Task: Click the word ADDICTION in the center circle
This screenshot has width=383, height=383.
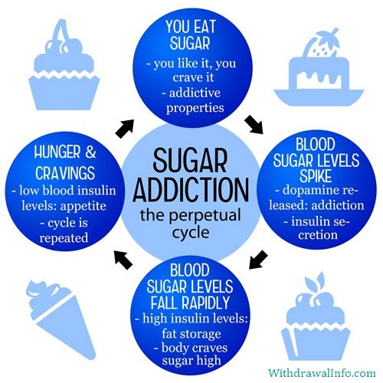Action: click(x=191, y=189)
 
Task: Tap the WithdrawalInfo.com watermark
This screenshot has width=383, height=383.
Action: click(x=322, y=373)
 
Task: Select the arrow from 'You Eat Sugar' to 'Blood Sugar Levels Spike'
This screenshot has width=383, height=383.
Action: click(x=254, y=125)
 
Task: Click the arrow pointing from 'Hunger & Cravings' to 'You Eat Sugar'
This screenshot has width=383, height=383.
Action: click(x=125, y=129)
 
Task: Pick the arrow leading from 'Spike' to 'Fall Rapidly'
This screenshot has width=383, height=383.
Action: click(x=258, y=260)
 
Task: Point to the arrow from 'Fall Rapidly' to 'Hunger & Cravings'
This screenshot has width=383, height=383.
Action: click(x=123, y=260)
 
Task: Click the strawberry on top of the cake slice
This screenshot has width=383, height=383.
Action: click(x=322, y=44)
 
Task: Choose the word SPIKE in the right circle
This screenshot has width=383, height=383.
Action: click(x=316, y=175)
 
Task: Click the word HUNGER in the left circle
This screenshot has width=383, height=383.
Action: click(x=57, y=152)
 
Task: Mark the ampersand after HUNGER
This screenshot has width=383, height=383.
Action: click(x=90, y=152)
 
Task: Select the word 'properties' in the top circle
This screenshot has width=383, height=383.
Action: click(x=195, y=108)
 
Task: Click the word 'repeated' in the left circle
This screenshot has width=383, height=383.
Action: click(x=64, y=238)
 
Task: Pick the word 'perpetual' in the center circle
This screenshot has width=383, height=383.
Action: click(x=205, y=216)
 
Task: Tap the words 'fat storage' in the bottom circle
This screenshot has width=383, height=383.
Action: click(x=191, y=334)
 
